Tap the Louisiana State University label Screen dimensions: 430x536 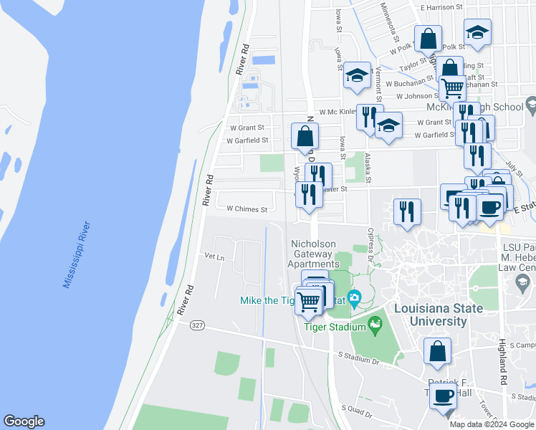438,315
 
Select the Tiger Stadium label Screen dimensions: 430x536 335,328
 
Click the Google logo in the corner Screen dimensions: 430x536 24,421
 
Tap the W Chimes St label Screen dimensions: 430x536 247,210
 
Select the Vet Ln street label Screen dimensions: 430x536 214,256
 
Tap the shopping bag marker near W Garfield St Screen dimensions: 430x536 305,135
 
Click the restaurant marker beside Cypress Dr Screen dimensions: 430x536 406,211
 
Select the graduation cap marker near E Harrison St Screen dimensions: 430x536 477,32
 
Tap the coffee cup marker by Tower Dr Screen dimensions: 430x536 444,395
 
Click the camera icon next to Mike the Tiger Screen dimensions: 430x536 353,297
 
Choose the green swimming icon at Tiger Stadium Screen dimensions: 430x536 374,328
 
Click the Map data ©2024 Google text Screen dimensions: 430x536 492,424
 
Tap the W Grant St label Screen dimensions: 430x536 242,128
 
